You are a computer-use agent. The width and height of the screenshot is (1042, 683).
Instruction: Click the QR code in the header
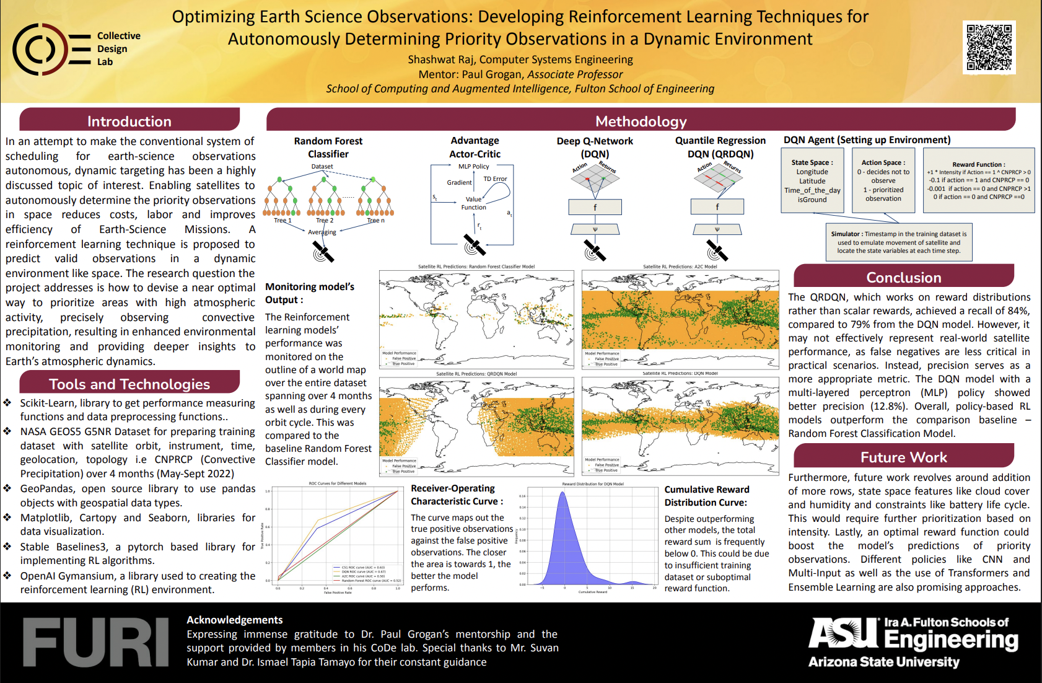click(989, 48)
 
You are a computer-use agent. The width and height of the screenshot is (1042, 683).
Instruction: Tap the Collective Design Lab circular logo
click(40, 49)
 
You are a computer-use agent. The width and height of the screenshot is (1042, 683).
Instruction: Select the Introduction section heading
click(129, 121)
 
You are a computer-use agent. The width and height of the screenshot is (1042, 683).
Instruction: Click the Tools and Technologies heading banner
click(129, 384)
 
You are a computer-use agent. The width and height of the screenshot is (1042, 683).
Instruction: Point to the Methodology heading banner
click(641, 121)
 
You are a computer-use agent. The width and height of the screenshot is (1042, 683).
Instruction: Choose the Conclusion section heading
click(903, 277)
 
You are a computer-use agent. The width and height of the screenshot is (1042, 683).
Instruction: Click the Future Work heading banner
click(903, 457)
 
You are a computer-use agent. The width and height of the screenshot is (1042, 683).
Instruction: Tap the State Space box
click(812, 180)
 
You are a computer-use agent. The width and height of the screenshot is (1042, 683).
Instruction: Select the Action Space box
click(883, 180)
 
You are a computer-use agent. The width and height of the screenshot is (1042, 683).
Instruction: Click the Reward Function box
click(978, 180)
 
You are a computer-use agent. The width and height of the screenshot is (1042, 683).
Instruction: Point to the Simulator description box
click(898, 242)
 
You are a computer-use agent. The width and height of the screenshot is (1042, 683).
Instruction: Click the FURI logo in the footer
click(95, 642)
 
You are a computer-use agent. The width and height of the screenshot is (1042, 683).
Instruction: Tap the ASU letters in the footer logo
click(843, 633)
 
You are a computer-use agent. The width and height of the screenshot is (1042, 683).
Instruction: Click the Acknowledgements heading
click(234, 620)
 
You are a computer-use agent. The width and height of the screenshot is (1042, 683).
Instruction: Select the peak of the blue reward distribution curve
click(563, 493)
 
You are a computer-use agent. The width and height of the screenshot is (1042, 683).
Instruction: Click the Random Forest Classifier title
click(328, 148)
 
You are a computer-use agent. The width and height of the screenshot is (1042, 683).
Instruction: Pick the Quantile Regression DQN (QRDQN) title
click(720, 148)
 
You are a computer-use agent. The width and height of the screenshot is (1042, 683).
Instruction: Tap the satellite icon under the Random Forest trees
click(323, 252)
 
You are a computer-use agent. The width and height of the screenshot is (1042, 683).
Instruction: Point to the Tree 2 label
click(325, 221)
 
